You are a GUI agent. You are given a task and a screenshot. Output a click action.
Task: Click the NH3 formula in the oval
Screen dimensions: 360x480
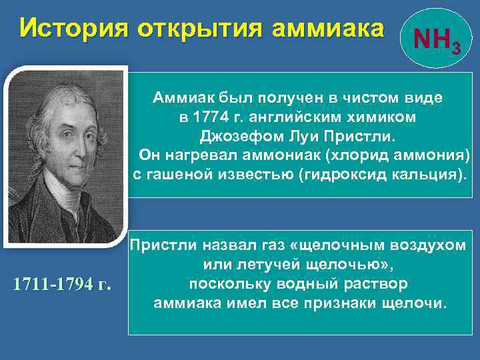coord(434,42)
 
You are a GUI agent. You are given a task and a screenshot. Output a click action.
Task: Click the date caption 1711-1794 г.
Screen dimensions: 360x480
coord(61,285)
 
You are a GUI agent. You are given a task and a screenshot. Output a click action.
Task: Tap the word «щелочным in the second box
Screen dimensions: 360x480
coord(317,245)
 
